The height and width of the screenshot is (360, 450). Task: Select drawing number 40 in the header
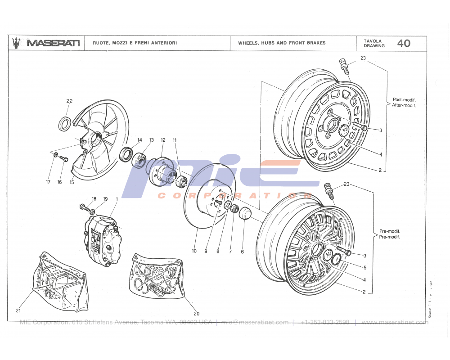coord(403,43)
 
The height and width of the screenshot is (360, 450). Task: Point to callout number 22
coord(69,101)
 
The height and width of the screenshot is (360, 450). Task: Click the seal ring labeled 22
coord(65,123)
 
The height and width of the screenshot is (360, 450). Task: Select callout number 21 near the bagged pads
coord(18,310)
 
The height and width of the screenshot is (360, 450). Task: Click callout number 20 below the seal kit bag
coord(196,314)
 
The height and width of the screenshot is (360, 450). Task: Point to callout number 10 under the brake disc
coord(194,251)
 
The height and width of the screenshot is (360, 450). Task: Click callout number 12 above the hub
coord(163,140)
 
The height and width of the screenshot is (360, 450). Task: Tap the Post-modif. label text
coord(404,99)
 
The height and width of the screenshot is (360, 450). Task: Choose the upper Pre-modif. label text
coord(390,231)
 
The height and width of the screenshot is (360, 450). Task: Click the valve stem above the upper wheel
coord(344,66)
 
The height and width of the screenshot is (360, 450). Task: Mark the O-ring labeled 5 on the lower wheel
coord(336,259)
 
